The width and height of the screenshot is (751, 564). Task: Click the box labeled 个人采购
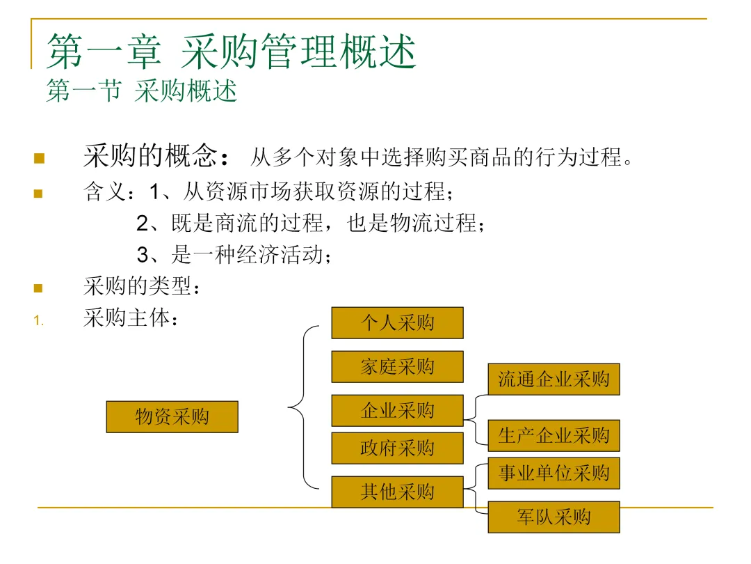[397, 323]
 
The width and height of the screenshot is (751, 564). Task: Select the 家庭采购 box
[397, 367]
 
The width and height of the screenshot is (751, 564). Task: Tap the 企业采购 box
[397, 411]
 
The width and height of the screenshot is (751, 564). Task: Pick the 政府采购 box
[397, 448]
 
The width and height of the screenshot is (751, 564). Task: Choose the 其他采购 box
[397, 492]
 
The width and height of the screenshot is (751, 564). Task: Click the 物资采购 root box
[172, 417]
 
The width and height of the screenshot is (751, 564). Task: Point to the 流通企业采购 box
[554, 379]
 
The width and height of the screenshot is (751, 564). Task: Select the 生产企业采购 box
[554, 436]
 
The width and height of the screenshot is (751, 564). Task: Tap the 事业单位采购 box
[554, 473]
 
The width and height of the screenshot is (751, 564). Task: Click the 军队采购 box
[554, 517]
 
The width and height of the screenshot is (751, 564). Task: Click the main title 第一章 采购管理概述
[231, 52]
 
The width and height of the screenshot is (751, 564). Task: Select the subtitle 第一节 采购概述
[142, 91]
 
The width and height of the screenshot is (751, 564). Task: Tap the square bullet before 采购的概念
[39, 159]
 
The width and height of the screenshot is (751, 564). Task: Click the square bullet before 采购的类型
[39, 288]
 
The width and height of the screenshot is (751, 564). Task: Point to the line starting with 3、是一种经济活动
[234, 255]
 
